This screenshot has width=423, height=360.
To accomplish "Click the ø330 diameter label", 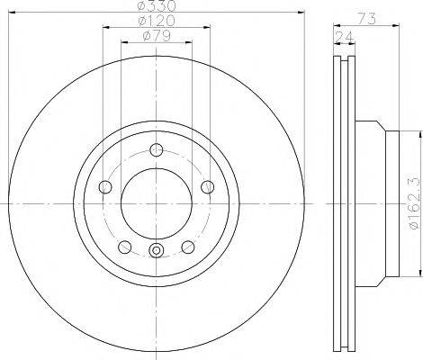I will [157, 5].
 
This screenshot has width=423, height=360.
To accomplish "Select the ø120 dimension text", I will [158, 19].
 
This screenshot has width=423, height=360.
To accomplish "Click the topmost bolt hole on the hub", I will [157, 150].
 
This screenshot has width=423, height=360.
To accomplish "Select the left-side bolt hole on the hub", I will [104, 187].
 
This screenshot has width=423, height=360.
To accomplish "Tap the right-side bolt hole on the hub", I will [209, 187].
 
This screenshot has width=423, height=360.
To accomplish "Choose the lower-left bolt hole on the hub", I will [124, 247].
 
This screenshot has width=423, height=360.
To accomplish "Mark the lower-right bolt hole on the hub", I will [188, 247].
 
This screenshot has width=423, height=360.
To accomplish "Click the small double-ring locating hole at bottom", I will [157, 252].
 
